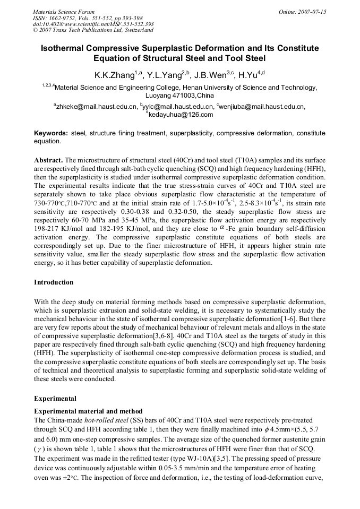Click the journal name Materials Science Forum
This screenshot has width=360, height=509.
[x=64, y=11]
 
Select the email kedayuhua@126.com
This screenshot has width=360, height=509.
[x=181, y=114]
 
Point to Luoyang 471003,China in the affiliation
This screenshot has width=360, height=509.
[x=180, y=96]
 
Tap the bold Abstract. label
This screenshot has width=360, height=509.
[x=49, y=160]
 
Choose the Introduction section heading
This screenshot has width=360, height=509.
[x=54, y=282]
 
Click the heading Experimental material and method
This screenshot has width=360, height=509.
[x=88, y=411]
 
